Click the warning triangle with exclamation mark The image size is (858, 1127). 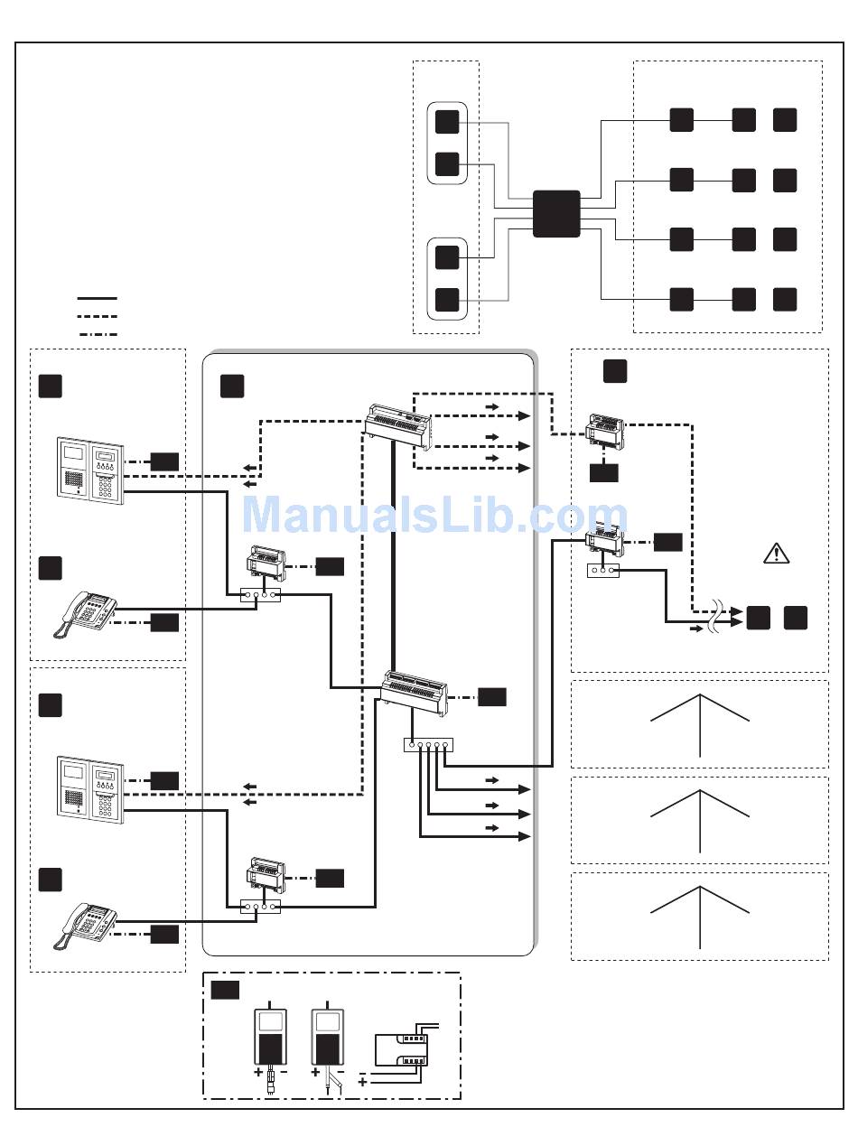[776, 554]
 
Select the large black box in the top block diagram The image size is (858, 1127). [556, 214]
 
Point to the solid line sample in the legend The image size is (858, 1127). [97, 297]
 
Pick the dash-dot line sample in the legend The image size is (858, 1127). [97, 334]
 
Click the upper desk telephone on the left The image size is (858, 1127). [87, 613]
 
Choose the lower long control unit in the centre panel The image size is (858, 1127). [415, 694]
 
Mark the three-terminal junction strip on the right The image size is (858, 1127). [603, 571]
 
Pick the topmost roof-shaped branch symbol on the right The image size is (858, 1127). [700, 722]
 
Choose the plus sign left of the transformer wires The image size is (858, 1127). [362, 1080]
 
